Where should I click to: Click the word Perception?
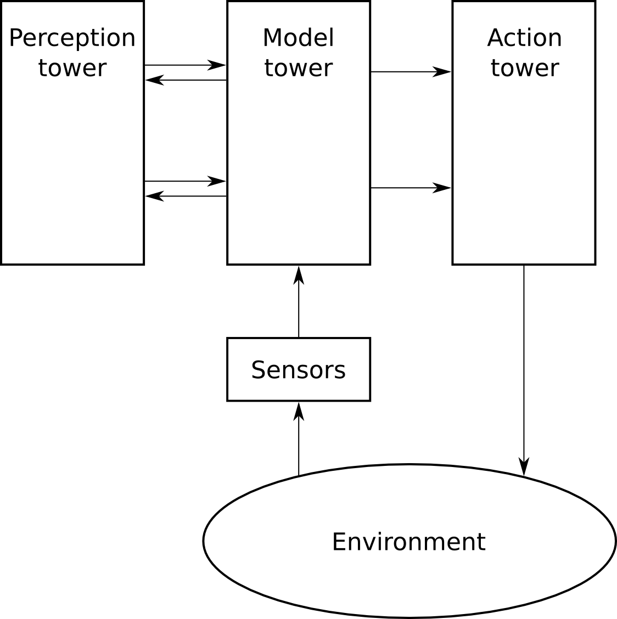point(72,38)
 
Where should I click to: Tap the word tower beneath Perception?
point(72,68)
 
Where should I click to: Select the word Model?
point(298,38)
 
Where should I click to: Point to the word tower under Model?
point(298,68)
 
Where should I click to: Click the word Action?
point(524,38)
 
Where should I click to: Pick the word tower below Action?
point(524,68)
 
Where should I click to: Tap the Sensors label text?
point(298,370)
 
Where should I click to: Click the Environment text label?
point(408,542)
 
